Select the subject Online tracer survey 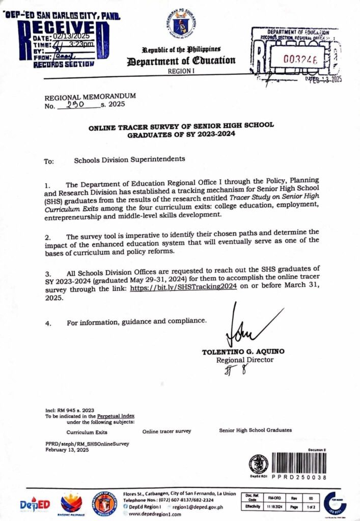coord(167,431)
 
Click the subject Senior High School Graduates coord(256,430)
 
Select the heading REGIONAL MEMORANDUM coord(91,96)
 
